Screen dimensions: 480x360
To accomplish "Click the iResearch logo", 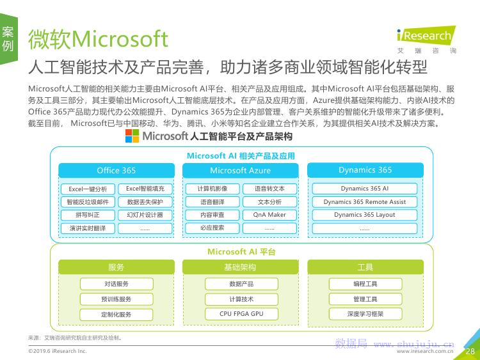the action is click(426, 40).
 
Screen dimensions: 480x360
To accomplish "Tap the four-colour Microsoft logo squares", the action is click(132, 136).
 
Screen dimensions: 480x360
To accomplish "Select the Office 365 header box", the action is click(116, 170).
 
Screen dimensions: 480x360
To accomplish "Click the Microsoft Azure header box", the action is click(240, 170).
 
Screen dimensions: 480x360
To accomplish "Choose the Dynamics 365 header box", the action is click(365, 170).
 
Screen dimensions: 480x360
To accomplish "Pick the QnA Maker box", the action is click(269, 215).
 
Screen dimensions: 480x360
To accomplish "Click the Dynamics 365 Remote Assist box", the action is click(365, 202).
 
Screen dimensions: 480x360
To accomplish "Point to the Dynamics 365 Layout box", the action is click(365, 215).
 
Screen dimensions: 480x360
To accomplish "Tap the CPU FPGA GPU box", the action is click(241, 314).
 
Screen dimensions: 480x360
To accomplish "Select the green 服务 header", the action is click(116, 267).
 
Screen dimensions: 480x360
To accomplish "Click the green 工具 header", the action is click(365, 267).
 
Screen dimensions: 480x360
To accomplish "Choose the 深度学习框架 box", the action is click(365, 314).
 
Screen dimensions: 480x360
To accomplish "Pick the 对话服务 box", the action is click(116, 284).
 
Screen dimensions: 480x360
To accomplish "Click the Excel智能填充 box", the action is click(145, 189).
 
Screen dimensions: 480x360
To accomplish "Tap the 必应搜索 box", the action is click(212, 228).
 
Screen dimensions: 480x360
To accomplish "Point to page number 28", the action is click(470, 351).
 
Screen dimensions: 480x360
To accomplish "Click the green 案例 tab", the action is click(8, 39).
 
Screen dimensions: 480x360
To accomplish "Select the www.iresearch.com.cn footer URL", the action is click(425, 352).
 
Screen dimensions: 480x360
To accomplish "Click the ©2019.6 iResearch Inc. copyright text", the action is click(57, 351).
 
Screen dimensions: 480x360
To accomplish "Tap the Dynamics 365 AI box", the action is click(365, 189).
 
